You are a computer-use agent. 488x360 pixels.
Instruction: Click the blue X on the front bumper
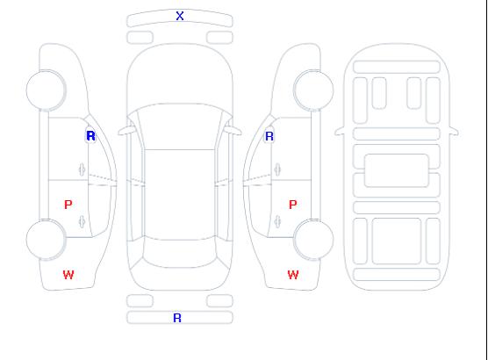[180, 16]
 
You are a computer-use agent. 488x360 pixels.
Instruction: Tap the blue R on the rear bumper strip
[177, 318]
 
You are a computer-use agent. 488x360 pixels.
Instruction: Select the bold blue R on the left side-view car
[90, 136]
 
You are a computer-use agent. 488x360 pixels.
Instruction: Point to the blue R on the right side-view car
[269, 136]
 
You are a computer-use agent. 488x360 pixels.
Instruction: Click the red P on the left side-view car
[68, 205]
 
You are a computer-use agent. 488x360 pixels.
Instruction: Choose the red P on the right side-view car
[293, 205]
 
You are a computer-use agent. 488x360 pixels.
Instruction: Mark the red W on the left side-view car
[68, 275]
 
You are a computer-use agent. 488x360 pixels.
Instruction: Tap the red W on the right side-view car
[293, 275]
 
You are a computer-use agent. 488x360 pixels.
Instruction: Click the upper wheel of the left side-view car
[46, 90]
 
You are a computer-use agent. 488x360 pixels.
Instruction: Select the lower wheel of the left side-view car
[46, 240]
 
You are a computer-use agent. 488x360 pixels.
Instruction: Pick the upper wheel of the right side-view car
[313, 90]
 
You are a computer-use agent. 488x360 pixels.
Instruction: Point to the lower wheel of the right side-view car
[313, 240]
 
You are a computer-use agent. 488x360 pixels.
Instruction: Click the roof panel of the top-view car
[180, 195]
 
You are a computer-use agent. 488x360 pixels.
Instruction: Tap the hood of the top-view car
[180, 75]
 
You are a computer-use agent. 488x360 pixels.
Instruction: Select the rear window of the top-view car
[180, 253]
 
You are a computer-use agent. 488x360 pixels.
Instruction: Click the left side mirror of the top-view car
[126, 131]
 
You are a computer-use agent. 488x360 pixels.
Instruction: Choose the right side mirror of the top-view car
[233, 131]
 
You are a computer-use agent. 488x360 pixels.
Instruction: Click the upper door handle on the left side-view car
[83, 169]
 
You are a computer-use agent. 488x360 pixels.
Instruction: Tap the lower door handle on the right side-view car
[277, 221]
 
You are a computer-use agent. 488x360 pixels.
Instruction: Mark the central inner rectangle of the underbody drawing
[397, 170]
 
